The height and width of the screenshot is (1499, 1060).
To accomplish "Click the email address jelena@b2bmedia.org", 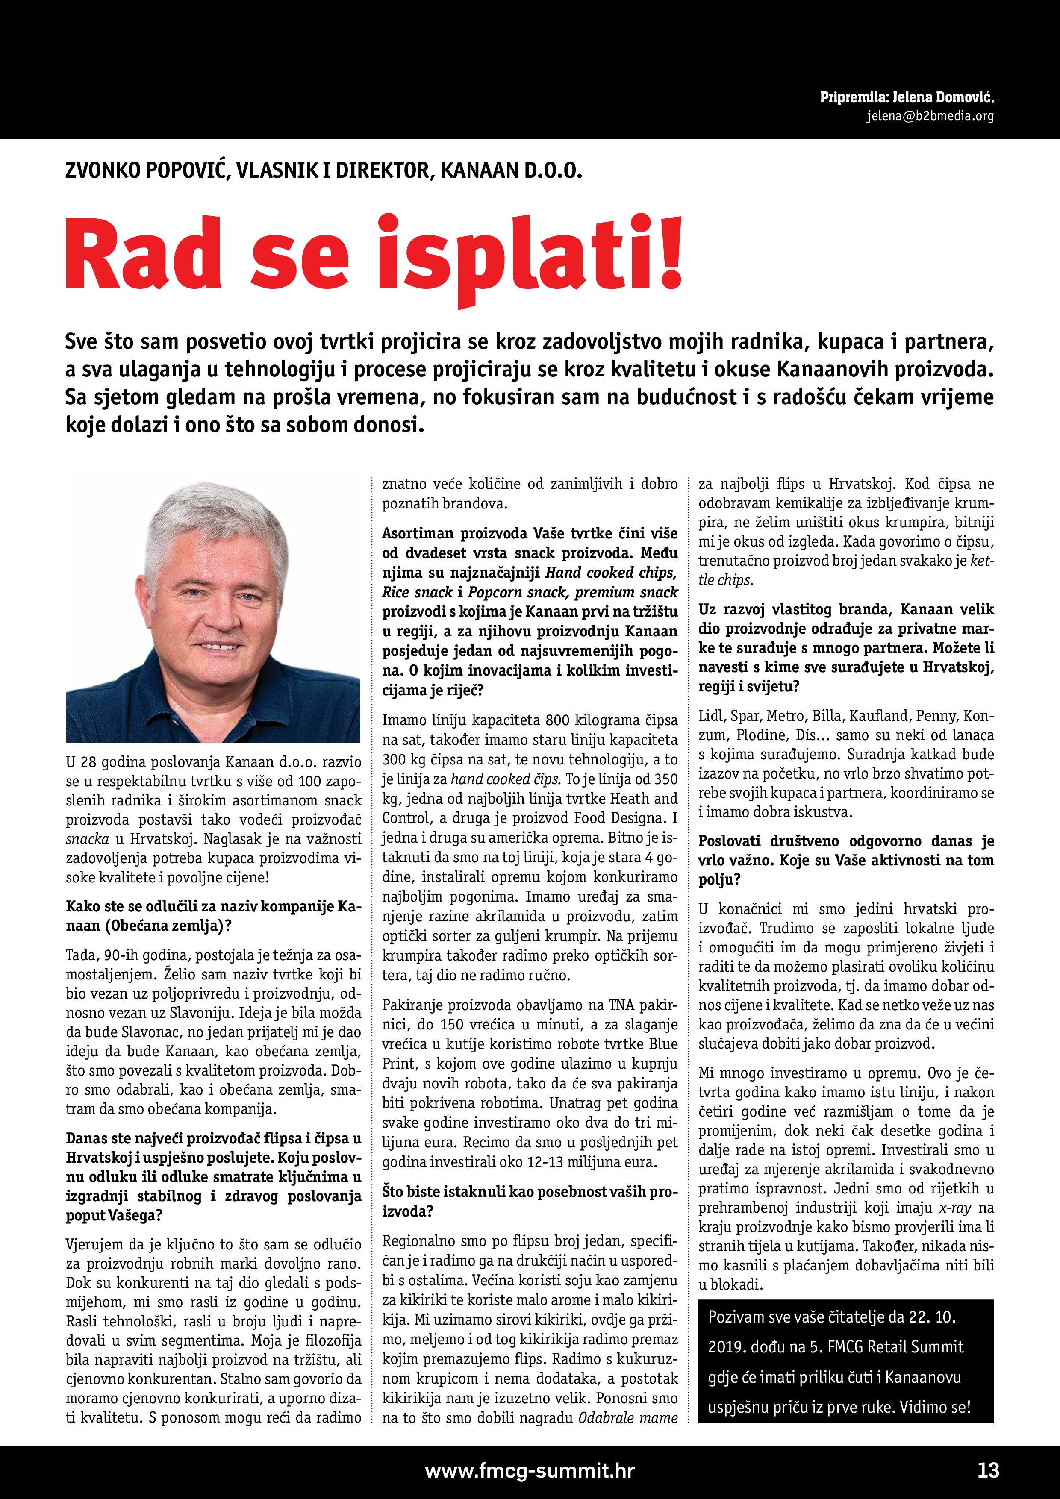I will pyautogui.click(x=930, y=116).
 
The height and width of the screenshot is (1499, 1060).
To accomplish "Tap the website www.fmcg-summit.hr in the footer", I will pyautogui.click(x=530, y=1470).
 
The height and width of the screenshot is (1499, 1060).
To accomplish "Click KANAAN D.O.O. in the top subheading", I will pyautogui.click(x=511, y=170).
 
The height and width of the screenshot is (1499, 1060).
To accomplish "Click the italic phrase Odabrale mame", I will pyautogui.click(x=627, y=1418).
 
